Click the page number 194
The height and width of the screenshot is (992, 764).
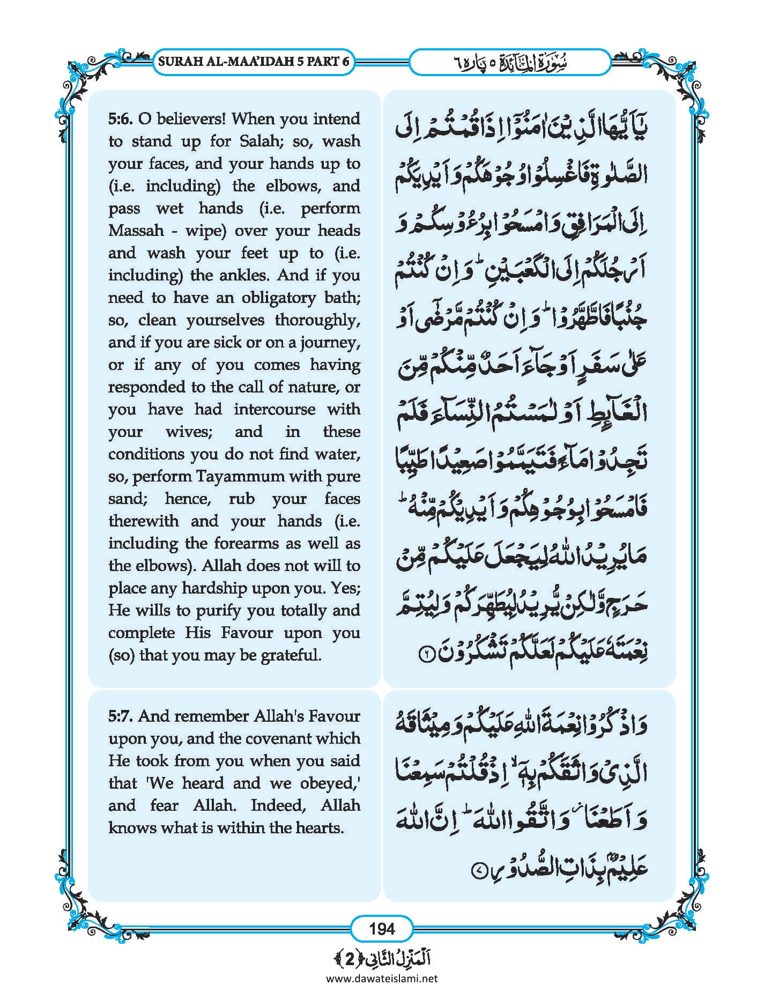[x=382, y=928]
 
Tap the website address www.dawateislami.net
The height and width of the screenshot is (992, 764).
[x=382, y=979]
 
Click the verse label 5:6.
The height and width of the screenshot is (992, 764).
[x=122, y=119]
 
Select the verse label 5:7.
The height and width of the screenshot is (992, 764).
[x=122, y=716]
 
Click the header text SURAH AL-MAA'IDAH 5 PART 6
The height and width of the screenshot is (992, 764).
[x=254, y=61]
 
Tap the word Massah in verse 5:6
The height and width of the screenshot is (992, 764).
[x=136, y=231]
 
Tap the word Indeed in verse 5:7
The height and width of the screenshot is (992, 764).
[x=279, y=805]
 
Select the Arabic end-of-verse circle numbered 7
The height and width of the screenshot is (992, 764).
[x=477, y=871]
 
